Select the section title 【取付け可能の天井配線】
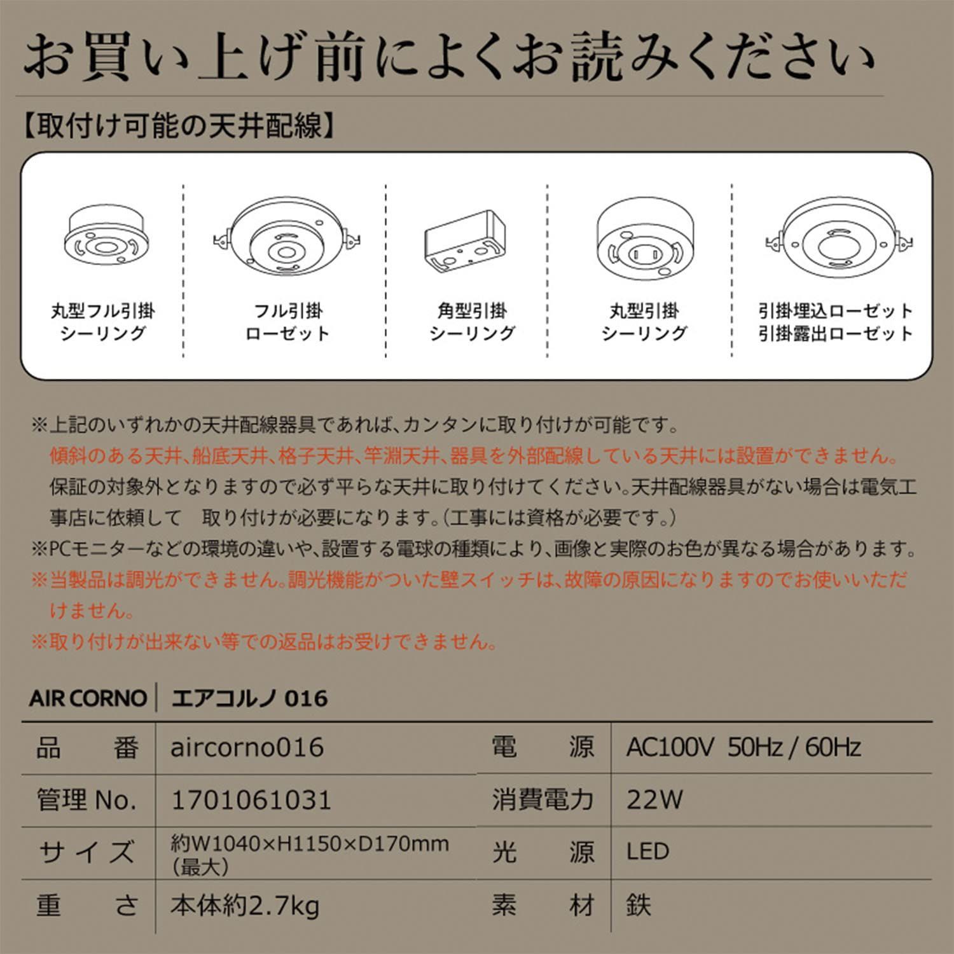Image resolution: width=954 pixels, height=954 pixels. [179, 126]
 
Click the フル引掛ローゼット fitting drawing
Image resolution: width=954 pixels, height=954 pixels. [287, 240]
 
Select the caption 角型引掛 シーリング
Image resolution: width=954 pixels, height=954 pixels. [472, 322]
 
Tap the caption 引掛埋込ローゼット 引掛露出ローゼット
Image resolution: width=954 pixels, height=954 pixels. [836, 322]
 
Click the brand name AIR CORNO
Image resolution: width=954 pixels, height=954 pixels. [88, 698]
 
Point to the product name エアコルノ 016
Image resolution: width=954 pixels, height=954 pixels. [250, 698]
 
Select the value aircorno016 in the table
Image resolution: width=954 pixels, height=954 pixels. [247, 747]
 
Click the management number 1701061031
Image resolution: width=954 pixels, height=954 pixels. [251, 800]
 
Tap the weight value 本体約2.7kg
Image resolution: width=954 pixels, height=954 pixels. [245, 905]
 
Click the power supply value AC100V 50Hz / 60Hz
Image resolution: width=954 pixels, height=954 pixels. [743, 747]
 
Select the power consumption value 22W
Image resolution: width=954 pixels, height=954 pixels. [654, 800]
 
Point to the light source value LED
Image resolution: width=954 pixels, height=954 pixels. [647, 852]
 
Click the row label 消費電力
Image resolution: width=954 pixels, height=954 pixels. [543, 800]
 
